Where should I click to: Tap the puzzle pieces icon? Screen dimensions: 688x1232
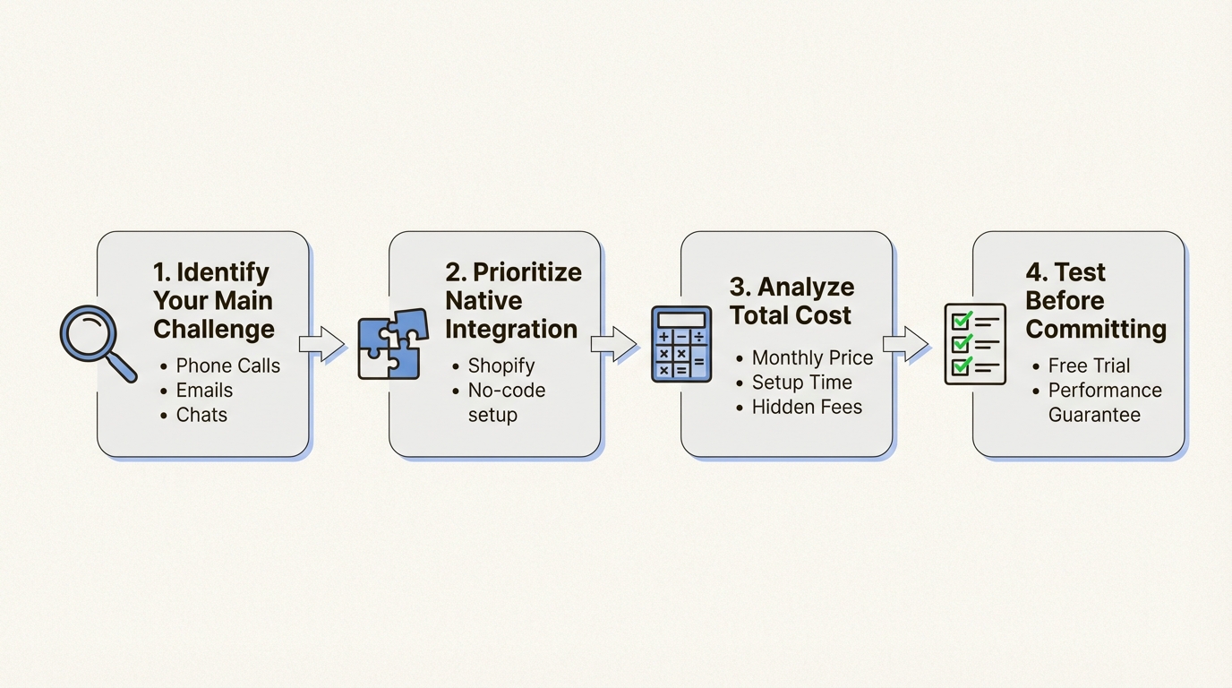389,344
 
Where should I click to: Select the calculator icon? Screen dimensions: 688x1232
681,344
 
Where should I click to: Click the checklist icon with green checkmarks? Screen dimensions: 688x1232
975,344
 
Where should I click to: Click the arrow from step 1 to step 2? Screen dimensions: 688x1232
321,344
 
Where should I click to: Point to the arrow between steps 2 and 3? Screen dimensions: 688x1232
613,344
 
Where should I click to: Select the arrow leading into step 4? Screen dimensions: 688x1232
905,344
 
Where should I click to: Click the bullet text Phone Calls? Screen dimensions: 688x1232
227,365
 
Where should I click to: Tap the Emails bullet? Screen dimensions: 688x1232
204,391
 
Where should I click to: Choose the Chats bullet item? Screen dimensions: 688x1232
201,415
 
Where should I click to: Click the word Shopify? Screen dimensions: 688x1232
501,365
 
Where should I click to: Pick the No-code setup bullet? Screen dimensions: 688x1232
506,402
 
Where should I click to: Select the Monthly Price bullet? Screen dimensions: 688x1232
812,357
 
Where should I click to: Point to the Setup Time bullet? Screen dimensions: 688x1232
801,383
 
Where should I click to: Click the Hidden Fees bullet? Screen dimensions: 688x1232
807,407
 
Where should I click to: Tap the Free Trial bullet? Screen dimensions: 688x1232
1089,365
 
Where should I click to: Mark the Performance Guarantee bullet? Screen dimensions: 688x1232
1104,402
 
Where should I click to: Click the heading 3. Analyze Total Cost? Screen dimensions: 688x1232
791,301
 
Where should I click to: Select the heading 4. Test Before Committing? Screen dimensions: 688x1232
1096,301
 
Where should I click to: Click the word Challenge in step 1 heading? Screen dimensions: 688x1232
214,329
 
